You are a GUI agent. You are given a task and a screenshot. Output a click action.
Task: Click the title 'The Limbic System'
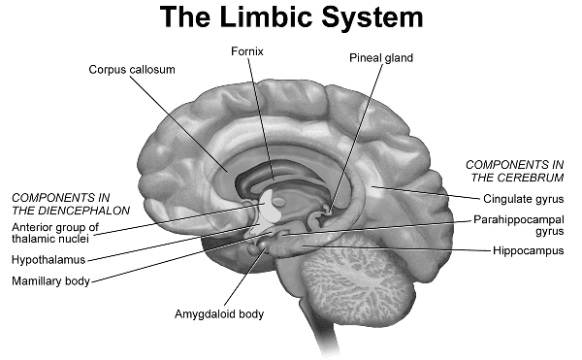click(x=290, y=17)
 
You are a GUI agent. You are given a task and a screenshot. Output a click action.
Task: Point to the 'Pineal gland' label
click(x=381, y=58)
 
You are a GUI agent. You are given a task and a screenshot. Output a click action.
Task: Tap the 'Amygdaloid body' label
click(x=218, y=314)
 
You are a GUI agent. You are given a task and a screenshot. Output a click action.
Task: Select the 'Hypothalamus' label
click(x=48, y=260)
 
